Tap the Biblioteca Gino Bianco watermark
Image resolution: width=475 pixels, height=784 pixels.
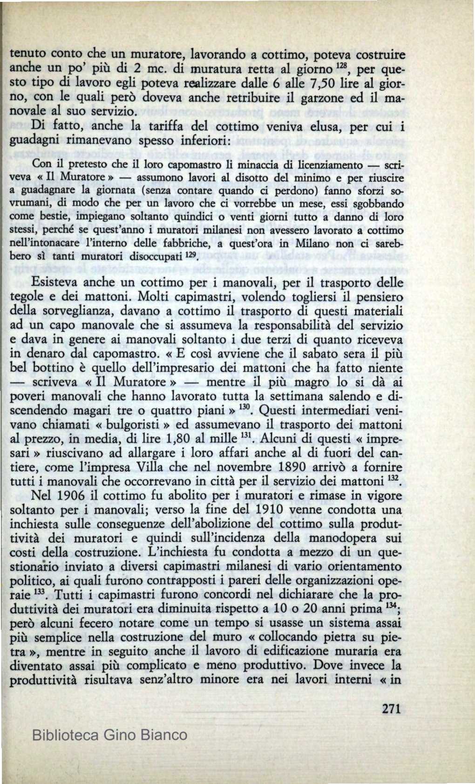pyautogui.click(x=110, y=735)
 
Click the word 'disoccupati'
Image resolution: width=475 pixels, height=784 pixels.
pyautogui.click(x=153, y=257)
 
